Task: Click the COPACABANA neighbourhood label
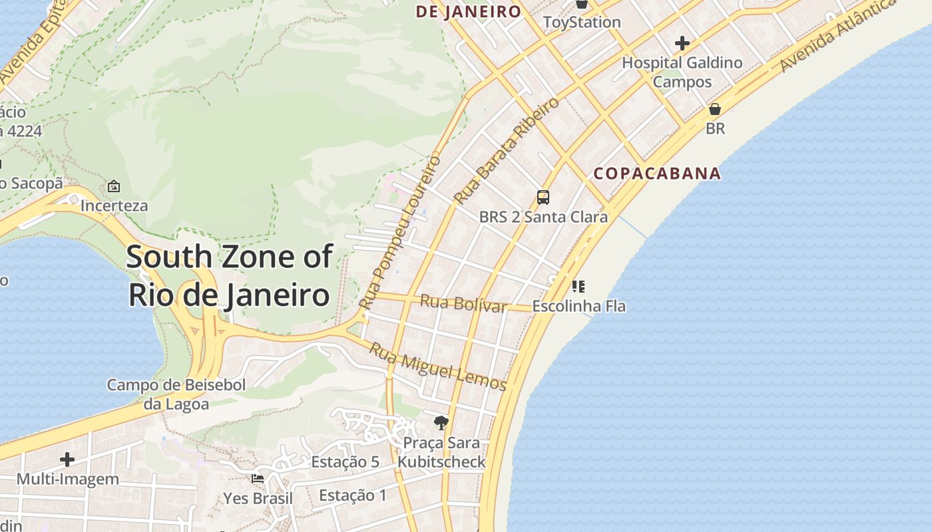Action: click(657, 174)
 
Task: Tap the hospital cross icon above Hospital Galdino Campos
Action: click(682, 44)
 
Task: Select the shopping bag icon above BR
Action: click(715, 108)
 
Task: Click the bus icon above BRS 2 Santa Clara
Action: click(543, 197)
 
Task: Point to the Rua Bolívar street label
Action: click(463, 304)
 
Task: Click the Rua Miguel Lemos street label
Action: click(438, 366)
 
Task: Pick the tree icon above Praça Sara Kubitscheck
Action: click(441, 422)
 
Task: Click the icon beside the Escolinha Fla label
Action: click(578, 287)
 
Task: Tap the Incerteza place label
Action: click(114, 205)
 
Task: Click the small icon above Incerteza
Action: click(114, 186)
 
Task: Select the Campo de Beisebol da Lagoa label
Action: click(176, 394)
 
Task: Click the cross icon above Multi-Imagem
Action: click(67, 460)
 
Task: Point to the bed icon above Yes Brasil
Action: click(258, 478)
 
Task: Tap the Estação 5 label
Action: click(345, 462)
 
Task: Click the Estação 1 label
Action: click(352, 495)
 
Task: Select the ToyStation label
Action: click(582, 22)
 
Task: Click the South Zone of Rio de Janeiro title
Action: click(229, 275)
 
